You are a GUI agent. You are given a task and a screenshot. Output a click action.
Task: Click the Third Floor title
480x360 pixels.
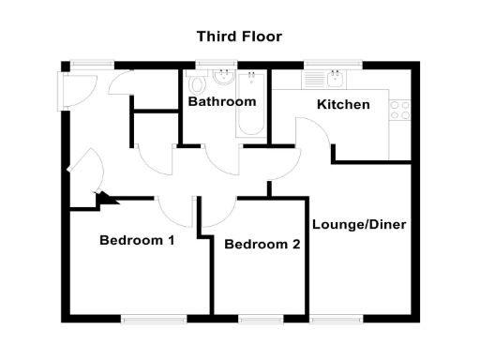point(239,37)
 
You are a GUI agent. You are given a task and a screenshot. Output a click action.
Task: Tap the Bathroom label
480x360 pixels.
point(221,101)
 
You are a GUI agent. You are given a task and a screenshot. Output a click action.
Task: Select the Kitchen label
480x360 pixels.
point(342,104)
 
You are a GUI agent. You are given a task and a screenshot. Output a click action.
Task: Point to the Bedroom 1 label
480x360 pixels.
point(137,240)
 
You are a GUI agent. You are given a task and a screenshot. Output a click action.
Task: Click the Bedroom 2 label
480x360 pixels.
point(262,245)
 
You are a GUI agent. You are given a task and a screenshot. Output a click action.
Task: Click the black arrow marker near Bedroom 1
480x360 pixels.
point(103,197)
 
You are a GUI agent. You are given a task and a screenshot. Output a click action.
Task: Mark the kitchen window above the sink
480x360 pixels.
point(326,64)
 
